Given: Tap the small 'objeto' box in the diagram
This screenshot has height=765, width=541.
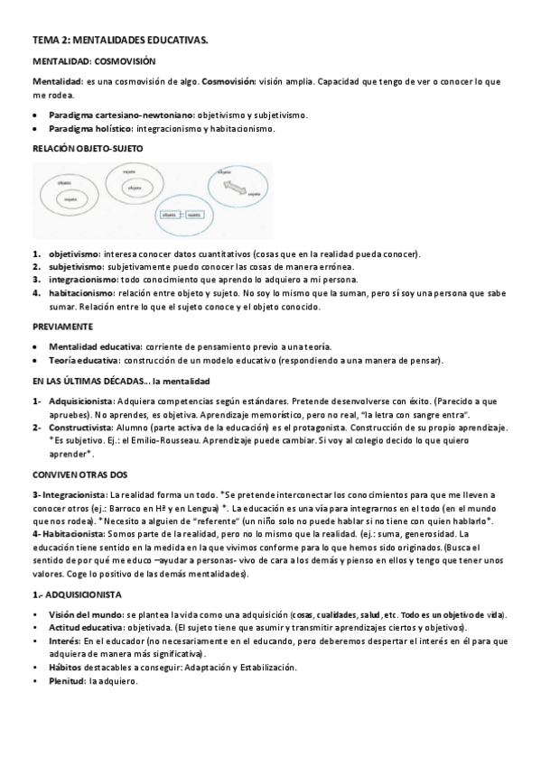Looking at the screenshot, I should [x=169, y=216].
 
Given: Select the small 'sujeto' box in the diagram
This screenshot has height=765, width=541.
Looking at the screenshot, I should [x=194, y=216].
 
